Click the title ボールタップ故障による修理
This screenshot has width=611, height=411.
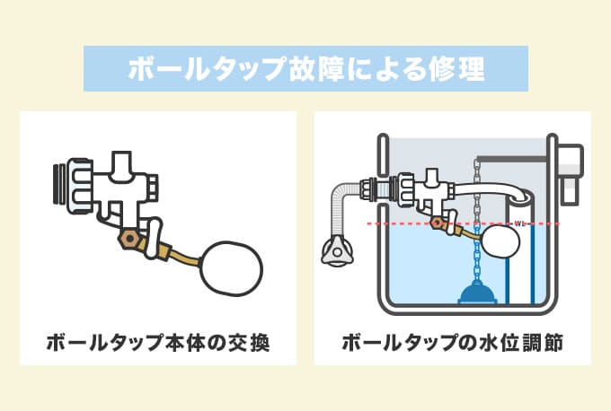pyautogui.click(x=305, y=69)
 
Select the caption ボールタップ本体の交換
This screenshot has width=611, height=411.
pyautogui.click(x=157, y=343)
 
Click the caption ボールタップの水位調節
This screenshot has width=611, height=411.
pyautogui.click(x=453, y=343)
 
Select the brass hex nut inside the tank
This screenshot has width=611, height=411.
pyautogui.click(x=438, y=223)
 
